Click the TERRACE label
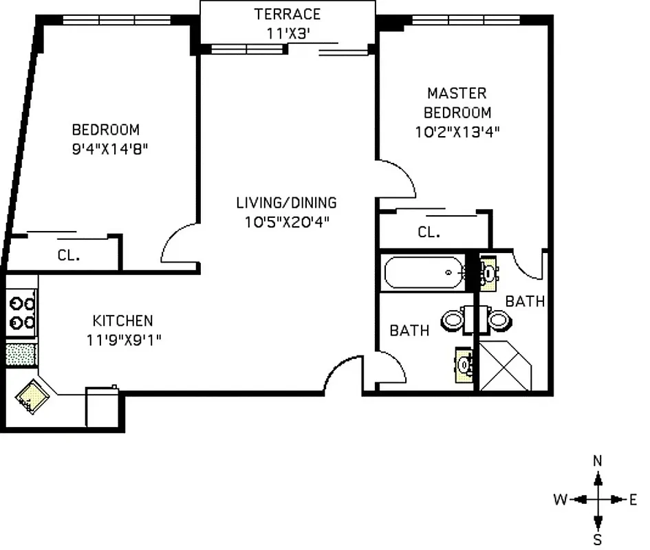288,14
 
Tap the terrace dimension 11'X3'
288,32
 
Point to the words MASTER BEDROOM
457,102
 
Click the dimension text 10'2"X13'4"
457,133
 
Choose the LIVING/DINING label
286,203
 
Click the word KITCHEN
122,320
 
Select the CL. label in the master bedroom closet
429,233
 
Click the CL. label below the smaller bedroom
69,255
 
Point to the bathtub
424,272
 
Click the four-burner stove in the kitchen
21,312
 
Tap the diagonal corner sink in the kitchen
32,396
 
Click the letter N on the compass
598,461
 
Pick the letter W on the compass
561,500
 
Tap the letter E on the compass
633,500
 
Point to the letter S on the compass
598,540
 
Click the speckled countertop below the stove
21,353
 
